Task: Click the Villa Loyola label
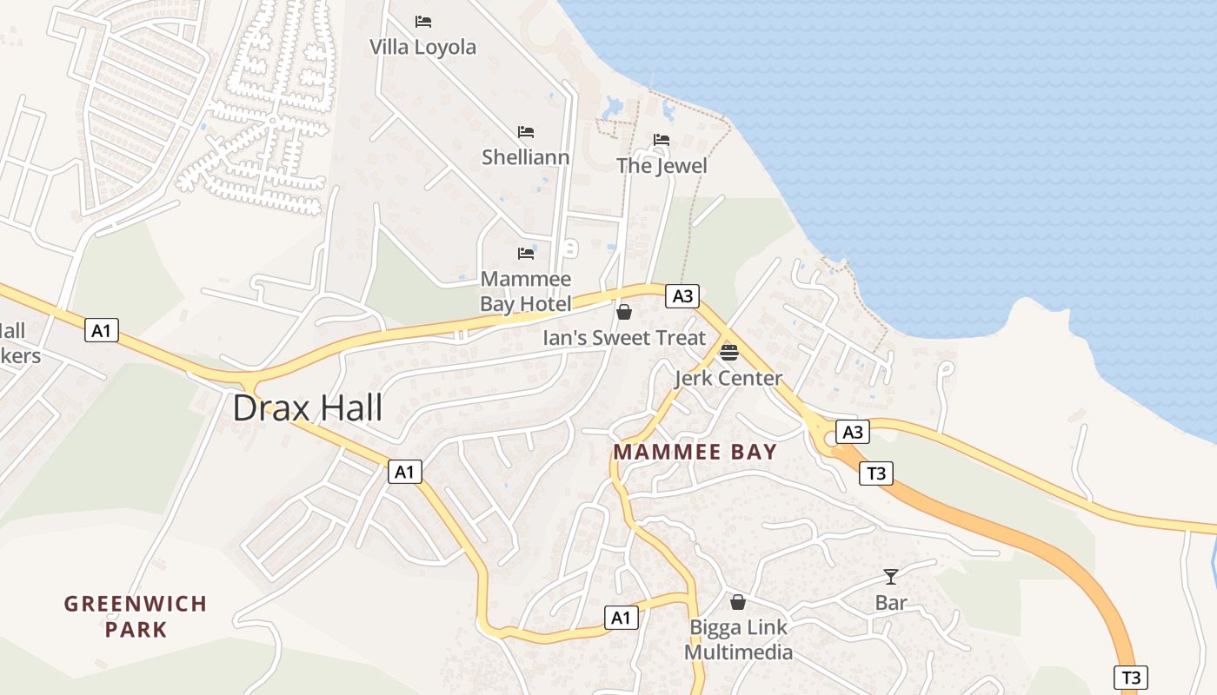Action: pos(423,47)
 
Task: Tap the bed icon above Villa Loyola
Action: pos(423,22)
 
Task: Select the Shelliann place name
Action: pos(526,157)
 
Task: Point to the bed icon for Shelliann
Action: pos(526,132)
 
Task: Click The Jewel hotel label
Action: pos(662,166)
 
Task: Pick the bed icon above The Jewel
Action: pos(662,140)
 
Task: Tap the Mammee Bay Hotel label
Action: pos(526,292)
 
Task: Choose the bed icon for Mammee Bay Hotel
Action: pos(526,254)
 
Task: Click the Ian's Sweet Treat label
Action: pos(624,338)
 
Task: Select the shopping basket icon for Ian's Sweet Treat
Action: pos(624,312)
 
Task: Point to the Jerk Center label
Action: pos(728,379)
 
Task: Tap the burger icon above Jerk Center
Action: pos(728,353)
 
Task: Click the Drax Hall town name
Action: pos(308,407)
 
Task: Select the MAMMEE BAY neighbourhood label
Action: pos(695,453)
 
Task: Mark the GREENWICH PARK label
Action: pos(136,616)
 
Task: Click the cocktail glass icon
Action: pos(891,577)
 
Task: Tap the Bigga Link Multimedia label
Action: pos(738,639)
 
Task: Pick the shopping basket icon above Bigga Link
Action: pos(738,602)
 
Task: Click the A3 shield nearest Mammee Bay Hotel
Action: pos(682,296)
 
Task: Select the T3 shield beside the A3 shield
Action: pos(876,473)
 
